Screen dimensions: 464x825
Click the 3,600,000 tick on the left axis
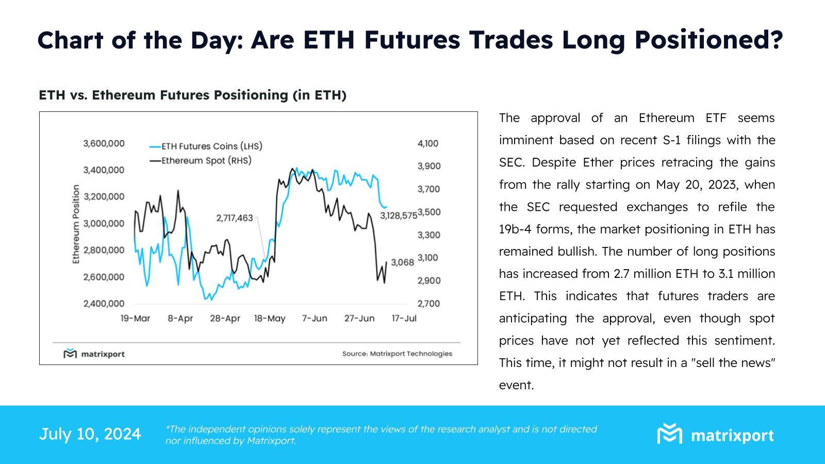pyautogui.click(x=104, y=143)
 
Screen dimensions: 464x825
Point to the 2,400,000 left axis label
pyautogui.click(x=104, y=304)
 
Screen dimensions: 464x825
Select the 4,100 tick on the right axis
pyautogui.click(x=427, y=143)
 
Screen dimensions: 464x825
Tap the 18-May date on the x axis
pyautogui.click(x=269, y=319)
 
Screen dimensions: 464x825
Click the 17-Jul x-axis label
pyautogui.click(x=404, y=319)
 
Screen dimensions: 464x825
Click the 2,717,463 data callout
pyautogui.click(x=235, y=218)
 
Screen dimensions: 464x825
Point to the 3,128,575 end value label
pyautogui.click(x=399, y=216)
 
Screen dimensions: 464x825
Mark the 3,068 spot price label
pyautogui.click(x=402, y=262)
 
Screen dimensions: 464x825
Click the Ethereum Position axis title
pyautogui.click(x=76, y=224)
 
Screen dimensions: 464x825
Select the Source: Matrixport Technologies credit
pyautogui.click(x=397, y=354)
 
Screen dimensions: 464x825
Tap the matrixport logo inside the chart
pyautogui.click(x=94, y=354)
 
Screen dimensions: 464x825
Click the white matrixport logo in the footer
pyautogui.click(x=715, y=435)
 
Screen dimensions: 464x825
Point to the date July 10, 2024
pyautogui.click(x=90, y=434)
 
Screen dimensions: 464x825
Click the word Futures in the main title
pyautogui.click(x=411, y=40)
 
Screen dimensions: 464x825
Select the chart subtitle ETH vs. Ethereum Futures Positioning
pyautogui.click(x=192, y=95)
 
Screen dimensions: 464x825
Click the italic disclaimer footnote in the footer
pyautogui.click(x=381, y=435)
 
